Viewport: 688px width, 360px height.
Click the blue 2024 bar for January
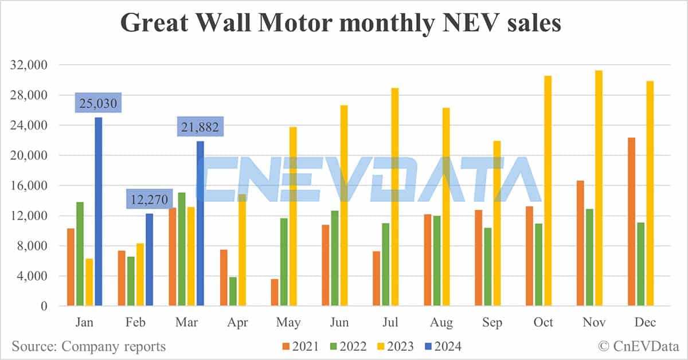click(98, 212)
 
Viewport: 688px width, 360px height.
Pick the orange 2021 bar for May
click(275, 292)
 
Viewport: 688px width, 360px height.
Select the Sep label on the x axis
click(492, 322)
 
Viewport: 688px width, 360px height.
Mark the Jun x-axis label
click(339, 322)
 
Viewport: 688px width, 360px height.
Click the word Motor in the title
click(316, 24)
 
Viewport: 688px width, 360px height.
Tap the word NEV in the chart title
click(461, 24)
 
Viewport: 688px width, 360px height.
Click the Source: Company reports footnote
click(89, 346)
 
